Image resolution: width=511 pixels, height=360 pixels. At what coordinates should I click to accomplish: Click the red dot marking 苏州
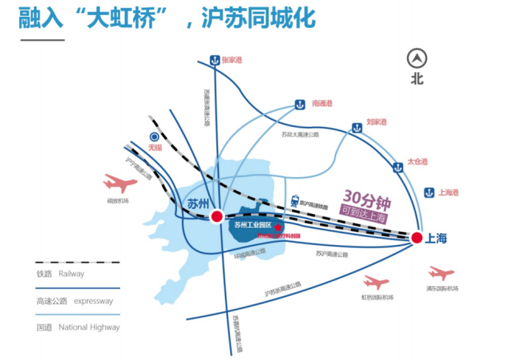(217, 216)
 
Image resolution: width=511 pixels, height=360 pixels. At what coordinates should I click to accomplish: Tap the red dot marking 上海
(416, 238)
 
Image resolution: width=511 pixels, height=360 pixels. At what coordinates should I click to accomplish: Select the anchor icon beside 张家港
(214, 60)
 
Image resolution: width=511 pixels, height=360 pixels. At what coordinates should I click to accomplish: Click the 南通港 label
(324, 104)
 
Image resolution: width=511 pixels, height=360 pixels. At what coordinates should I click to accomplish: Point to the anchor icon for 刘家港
(357, 128)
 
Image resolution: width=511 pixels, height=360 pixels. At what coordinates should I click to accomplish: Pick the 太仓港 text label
(417, 162)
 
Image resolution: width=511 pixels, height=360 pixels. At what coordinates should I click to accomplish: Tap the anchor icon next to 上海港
(428, 193)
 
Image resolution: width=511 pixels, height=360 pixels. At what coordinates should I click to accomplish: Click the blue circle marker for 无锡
(154, 136)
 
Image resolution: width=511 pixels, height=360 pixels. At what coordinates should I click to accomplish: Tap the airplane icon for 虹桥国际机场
(376, 283)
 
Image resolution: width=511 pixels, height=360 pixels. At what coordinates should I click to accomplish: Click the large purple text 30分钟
(366, 198)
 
